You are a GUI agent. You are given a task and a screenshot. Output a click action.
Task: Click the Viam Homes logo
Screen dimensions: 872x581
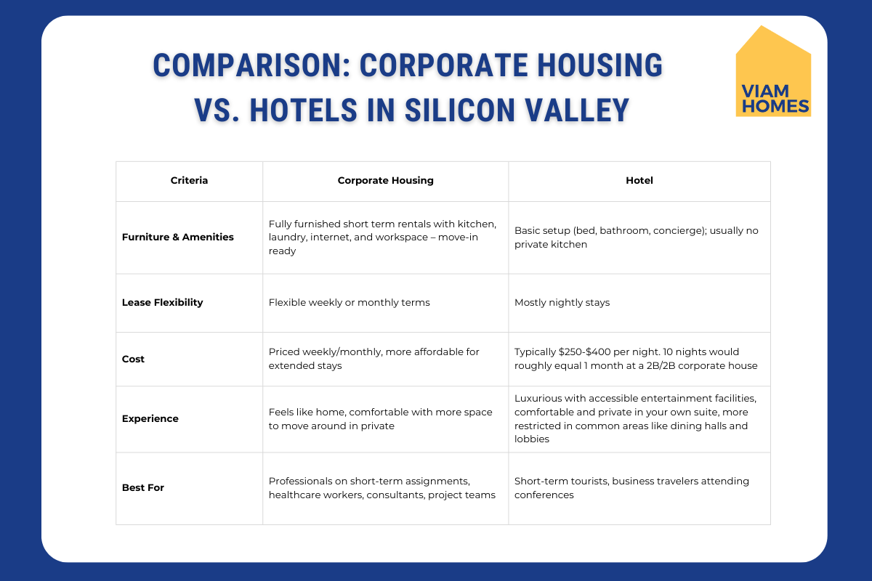[773, 71]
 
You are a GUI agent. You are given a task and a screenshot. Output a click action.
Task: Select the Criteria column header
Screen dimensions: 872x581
[189, 181]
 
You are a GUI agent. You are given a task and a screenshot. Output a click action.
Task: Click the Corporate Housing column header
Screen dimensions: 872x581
[385, 181]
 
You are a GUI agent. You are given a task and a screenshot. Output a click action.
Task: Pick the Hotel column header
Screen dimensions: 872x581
[639, 181]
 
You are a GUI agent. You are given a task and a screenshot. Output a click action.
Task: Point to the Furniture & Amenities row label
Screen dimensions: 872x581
[178, 237]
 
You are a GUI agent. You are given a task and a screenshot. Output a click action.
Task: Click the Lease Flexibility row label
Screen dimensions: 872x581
[162, 302]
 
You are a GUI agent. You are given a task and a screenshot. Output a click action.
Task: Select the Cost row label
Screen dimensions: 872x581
[133, 359]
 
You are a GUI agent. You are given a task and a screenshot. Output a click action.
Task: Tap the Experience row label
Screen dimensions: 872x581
[150, 419]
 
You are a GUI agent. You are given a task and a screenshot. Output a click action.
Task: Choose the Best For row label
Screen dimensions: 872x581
[143, 487]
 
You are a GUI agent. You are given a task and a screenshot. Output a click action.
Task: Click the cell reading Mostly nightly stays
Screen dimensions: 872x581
[562, 303]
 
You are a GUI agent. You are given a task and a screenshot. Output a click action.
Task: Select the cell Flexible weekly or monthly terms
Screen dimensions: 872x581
[350, 303]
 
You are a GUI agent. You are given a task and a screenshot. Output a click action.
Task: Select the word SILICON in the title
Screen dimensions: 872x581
[460, 110]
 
